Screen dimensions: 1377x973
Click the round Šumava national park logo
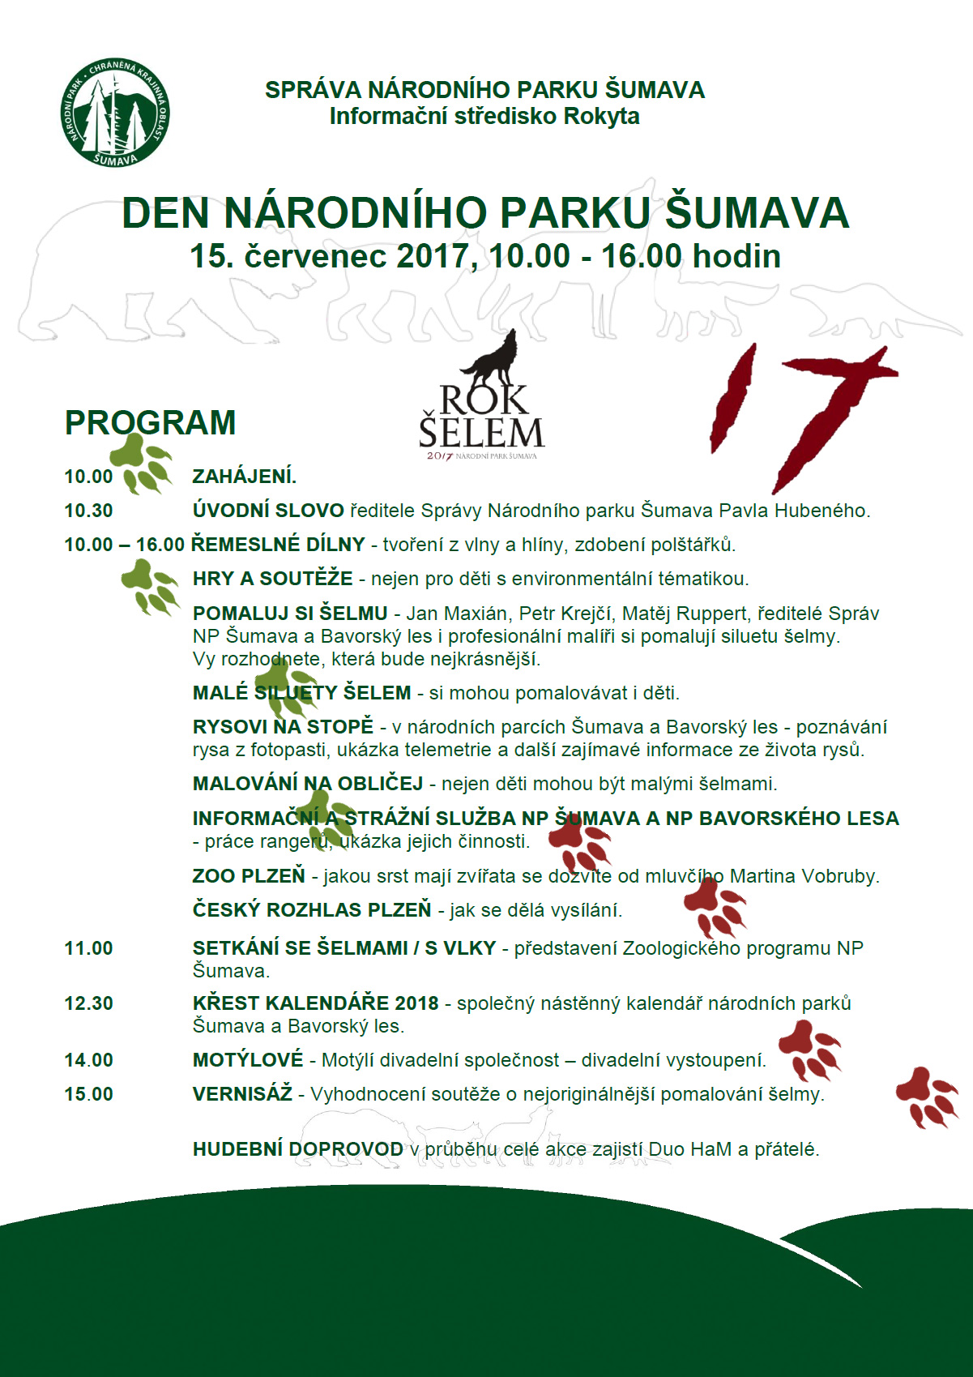(115, 113)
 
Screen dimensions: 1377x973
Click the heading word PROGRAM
(151, 423)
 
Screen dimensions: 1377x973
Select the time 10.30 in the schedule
(89, 511)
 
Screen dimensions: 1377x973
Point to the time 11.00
(89, 948)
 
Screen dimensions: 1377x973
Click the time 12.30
(89, 1003)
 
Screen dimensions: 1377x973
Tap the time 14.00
(89, 1060)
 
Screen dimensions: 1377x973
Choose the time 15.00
(89, 1094)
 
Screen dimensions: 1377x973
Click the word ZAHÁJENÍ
(244, 476)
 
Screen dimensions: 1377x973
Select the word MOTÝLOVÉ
(248, 1060)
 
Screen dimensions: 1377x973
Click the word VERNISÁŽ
(242, 1094)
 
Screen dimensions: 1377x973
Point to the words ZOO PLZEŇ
(249, 876)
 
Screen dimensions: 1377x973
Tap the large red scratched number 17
(802, 413)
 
